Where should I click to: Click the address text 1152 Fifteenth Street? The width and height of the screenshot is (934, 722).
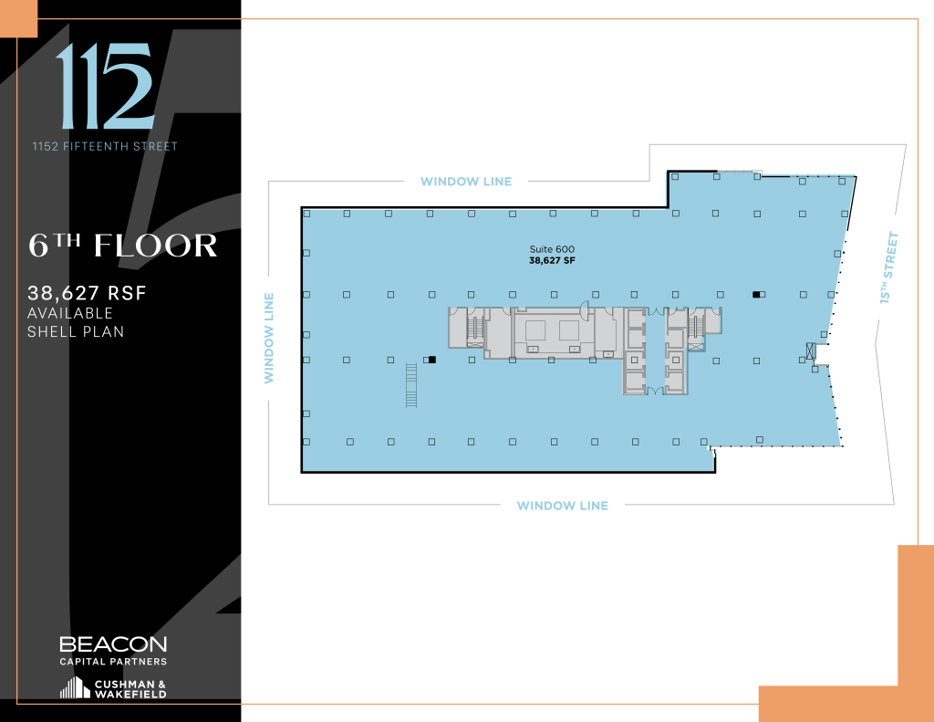(x=105, y=146)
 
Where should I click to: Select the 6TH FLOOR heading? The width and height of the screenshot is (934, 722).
(x=123, y=246)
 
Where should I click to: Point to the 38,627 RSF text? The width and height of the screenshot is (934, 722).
(x=87, y=293)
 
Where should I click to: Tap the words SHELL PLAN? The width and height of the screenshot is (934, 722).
(x=76, y=330)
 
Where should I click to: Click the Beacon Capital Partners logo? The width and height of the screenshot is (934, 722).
(x=113, y=649)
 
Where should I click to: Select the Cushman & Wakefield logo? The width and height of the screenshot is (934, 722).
(x=113, y=688)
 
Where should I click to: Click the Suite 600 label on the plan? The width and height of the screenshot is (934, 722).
(x=552, y=249)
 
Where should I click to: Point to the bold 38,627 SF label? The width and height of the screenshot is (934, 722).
(x=552, y=260)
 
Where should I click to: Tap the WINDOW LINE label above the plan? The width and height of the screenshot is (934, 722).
(x=465, y=182)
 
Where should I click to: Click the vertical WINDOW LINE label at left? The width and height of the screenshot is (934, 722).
(x=269, y=338)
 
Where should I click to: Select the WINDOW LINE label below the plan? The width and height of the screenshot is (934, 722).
(x=562, y=506)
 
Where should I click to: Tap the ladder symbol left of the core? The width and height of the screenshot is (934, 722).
(x=410, y=384)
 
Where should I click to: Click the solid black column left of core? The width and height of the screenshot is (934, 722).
(x=432, y=360)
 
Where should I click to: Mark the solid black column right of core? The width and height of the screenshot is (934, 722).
(x=755, y=294)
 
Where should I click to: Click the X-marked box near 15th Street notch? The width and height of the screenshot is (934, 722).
(x=811, y=350)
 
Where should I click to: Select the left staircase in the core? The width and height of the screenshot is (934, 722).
(x=474, y=329)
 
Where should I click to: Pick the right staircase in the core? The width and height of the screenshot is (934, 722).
(x=698, y=327)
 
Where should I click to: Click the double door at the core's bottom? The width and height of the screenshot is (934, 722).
(x=654, y=391)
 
